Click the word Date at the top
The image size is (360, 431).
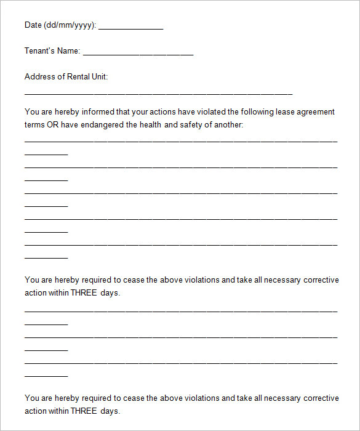(33, 25)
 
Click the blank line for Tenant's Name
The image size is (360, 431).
(138, 54)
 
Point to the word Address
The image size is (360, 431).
(39, 77)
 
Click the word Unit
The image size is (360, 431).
(99, 77)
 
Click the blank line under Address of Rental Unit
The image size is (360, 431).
(158, 94)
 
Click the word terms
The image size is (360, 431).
(34, 125)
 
